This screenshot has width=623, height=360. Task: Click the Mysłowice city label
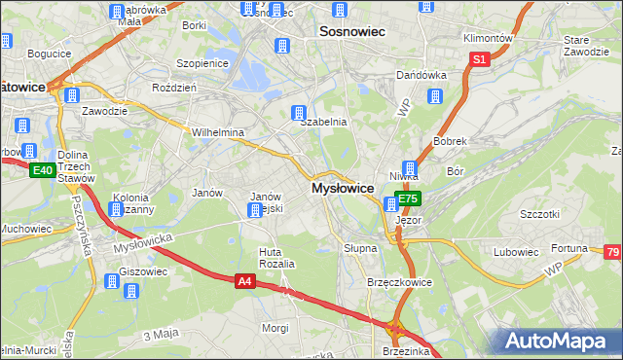[x=343, y=188]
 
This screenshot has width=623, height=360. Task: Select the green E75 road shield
[x=408, y=198]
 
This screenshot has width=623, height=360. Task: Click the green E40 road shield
[x=41, y=170]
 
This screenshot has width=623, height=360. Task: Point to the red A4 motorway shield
[x=246, y=281]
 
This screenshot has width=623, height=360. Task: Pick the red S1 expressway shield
[x=478, y=59]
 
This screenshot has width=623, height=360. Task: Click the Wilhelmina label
[x=217, y=132]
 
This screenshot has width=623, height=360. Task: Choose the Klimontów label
[x=487, y=38]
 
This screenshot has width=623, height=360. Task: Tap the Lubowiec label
[x=516, y=252]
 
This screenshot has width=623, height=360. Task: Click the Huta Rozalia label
[x=275, y=258]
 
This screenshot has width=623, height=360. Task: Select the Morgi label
[x=275, y=328]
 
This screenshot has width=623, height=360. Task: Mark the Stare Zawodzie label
[x=584, y=46]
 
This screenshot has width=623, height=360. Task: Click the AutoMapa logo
[x=556, y=341]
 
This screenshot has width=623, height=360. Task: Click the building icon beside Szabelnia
[x=301, y=114]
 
